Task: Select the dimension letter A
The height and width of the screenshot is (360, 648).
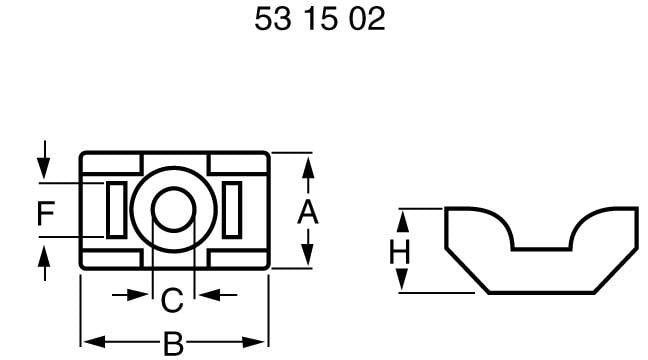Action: (x=308, y=211)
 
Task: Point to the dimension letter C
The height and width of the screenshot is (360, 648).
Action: (x=172, y=297)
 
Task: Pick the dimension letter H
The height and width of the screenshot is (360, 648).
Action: (x=400, y=251)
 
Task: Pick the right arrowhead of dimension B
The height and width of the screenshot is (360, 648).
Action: (x=261, y=339)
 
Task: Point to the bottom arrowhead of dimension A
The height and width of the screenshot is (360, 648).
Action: (x=308, y=260)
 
